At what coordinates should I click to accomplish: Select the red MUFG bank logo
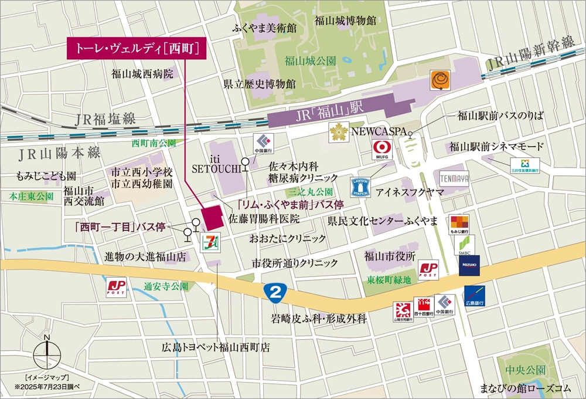point(382,151)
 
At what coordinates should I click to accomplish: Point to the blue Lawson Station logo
point(360,187)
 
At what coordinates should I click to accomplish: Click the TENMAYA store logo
point(455,178)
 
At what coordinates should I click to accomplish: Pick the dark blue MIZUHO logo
point(469,265)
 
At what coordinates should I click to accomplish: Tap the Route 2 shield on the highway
point(271,292)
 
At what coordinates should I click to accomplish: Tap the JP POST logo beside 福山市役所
point(428,270)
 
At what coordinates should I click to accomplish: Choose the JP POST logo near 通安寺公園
point(116,287)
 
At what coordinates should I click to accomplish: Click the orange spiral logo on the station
point(439,80)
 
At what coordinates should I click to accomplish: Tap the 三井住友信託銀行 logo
point(524,165)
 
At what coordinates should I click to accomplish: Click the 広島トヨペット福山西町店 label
point(216,347)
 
